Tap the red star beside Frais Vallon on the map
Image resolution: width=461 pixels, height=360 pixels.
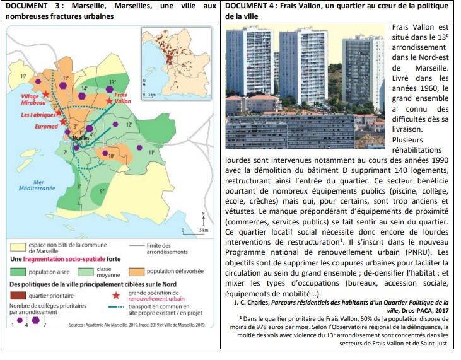[110, 100]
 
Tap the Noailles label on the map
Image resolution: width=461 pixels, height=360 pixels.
[81, 137]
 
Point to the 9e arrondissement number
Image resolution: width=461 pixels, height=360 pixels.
[103, 190]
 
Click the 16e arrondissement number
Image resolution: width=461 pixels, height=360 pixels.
[23, 76]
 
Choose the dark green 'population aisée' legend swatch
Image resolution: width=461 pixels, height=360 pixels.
[18, 272]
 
